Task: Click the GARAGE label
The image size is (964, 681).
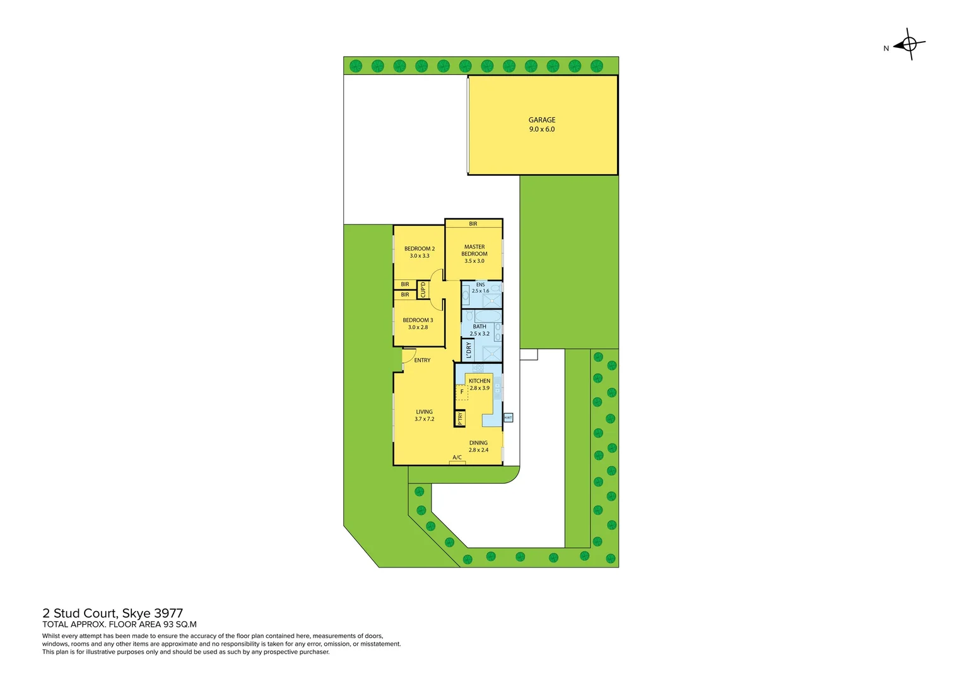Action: pos(542,120)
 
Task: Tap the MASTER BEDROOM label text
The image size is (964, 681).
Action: pos(474,250)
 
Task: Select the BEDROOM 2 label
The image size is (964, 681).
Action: pos(420,249)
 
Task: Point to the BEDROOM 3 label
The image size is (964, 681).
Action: pos(418,320)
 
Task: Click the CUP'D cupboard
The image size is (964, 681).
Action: pos(423,290)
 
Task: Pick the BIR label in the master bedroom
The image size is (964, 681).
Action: pos(473,224)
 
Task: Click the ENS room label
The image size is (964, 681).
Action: pos(481,285)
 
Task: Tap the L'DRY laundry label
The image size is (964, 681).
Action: pos(468,350)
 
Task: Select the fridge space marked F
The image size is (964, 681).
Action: pos(462,392)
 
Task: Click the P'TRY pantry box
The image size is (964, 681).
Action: pos(460,418)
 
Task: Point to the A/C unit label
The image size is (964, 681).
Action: pos(457,458)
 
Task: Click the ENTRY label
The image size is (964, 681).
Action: pos(422,361)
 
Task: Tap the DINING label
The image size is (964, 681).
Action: pos(478,443)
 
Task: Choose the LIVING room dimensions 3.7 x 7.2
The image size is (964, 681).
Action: pos(425,419)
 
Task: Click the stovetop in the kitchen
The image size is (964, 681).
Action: pos(478,368)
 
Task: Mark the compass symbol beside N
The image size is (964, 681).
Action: pos(909,44)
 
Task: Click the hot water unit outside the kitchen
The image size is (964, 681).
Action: pos(508,417)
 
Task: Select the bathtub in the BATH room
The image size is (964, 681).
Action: pos(488,316)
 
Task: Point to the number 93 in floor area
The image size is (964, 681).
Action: pos(168,625)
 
